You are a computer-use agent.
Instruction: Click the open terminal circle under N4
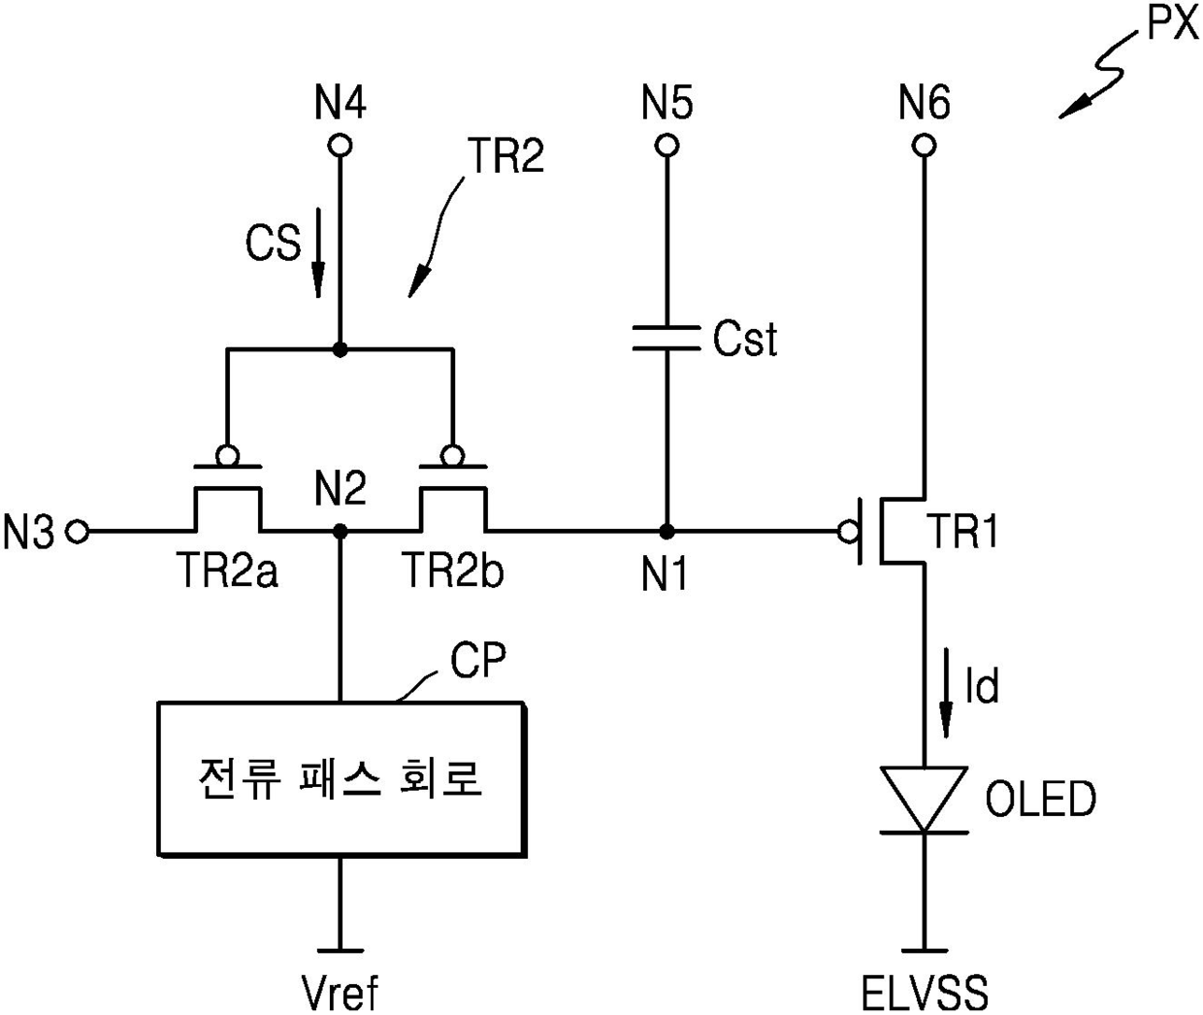(x=340, y=146)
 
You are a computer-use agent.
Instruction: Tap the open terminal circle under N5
(x=667, y=146)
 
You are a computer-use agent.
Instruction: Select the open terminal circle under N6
(x=925, y=146)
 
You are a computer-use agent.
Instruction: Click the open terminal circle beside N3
(x=78, y=531)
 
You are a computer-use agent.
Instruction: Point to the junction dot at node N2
(x=341, y=531)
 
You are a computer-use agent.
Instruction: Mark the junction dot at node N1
(x=667, y=532)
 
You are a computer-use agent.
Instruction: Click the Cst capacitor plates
(x=667, y=338)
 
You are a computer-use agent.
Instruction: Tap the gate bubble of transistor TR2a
(x=227, y=455)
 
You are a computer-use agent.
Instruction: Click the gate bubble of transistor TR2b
(x=452, y=455)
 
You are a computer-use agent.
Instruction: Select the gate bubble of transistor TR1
(x=848, y=532)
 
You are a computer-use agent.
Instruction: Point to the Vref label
(x=340, y=993)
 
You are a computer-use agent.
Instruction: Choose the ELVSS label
(x=925, y=993)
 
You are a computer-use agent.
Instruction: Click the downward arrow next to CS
(x=318, y=252)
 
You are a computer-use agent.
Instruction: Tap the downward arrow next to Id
(x=946, y=693)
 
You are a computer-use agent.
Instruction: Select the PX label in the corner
(x=1173, y=24)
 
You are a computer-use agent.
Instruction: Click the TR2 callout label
(x=506, y=155)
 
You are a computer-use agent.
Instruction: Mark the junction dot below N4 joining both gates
(x=340, y=349)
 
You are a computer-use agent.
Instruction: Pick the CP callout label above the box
(x=478, y=660)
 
